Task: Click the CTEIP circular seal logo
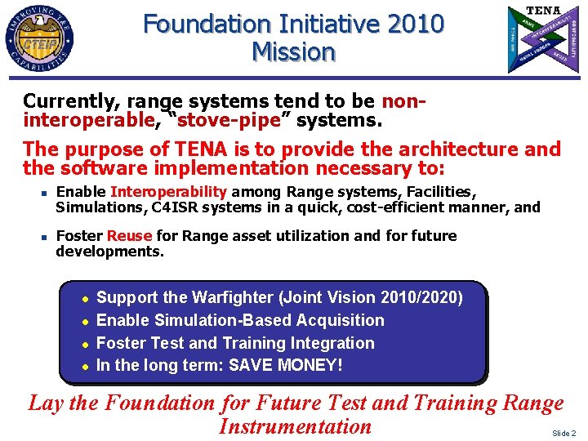[40, 38]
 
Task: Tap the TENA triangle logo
[542, 38]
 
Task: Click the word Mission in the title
[294, 52]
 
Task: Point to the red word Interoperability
[168, 192]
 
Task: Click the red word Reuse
[129, 236]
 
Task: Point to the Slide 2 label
[563, 433]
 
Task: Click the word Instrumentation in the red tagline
[295, 426]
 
